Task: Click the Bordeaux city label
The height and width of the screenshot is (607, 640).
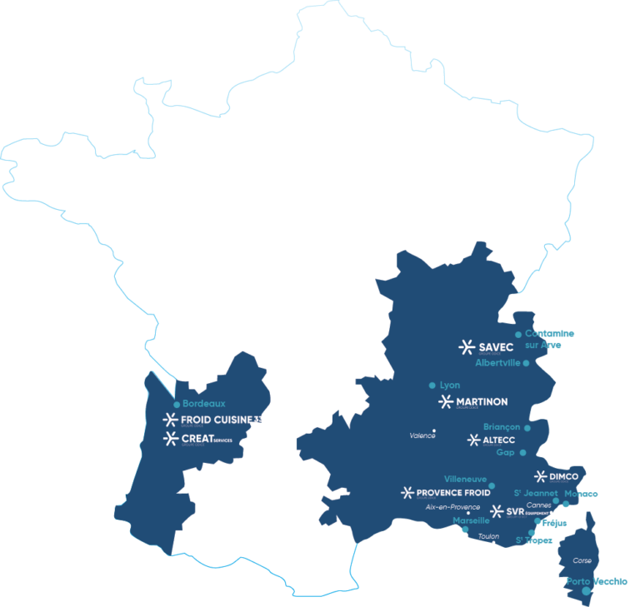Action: point(204,404)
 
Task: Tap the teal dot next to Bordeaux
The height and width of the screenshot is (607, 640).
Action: point(177,405)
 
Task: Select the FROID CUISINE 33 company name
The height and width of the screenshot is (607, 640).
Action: point(221,419)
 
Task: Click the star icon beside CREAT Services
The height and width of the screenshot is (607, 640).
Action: point(170,438)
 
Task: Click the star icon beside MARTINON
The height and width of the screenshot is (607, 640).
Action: point(445,402)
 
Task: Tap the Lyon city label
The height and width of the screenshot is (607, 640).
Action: point(450,386)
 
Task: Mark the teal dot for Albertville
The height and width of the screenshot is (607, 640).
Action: point(526,363)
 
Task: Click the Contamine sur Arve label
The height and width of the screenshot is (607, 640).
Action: point(549,339)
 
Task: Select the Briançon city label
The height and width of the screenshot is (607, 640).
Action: point(502,426)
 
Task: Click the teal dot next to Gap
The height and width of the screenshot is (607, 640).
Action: point(522,453)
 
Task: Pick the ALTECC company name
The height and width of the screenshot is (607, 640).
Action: point(497,440)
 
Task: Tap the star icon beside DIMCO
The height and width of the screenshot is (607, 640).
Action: point(540,477)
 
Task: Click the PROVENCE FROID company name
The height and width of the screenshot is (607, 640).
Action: point(454,493)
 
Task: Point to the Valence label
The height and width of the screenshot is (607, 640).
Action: point(422,435)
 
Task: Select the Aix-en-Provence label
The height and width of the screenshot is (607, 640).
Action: point(452,507)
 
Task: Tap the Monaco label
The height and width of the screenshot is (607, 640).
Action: point(581,494)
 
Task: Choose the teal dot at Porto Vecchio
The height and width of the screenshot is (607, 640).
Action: point(586,591)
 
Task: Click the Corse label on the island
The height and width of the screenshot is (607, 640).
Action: point(582,560)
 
